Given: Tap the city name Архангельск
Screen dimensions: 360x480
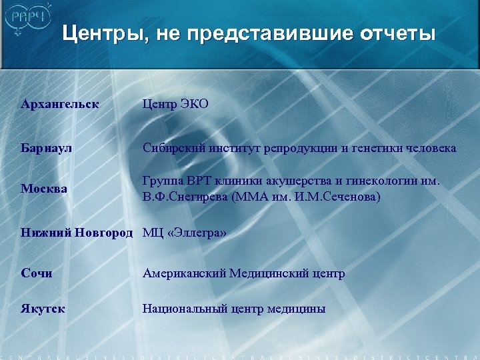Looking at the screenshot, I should (x=60, y=104).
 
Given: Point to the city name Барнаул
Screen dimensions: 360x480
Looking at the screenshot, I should (x=46, y=148).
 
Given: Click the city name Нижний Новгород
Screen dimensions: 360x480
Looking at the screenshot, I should (x=77, y=233).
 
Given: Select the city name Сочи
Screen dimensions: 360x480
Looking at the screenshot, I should (x=37, y=273).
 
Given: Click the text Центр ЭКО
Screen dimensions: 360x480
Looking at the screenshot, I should (x=175, y=104).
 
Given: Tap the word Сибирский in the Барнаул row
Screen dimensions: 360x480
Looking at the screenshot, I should (x=173, y=148).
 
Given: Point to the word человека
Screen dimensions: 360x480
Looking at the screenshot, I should (x=431, y=148).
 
